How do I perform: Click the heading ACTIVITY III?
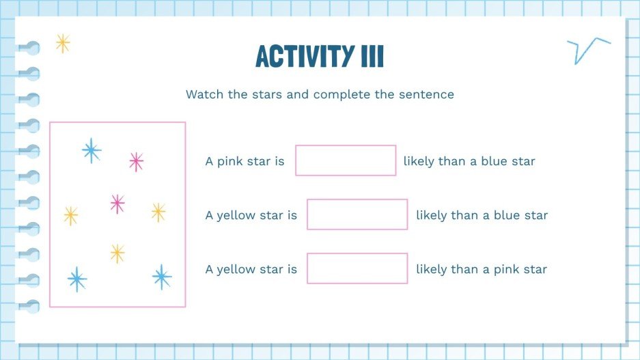[x=320, y=57]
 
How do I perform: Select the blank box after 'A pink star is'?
[x=346, y=161]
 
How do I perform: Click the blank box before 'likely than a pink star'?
[x=357, y=268]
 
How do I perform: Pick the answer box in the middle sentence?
[x=357, y=214]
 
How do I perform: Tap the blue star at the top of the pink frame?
[x=91, y=150]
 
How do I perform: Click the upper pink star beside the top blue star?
[x=136, y=162]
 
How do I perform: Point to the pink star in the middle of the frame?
[x=117, y=204]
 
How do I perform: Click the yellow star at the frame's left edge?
[x=70, y=216]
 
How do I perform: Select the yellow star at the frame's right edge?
[x=158, y=212]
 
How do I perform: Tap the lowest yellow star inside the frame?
[x=117, y=253]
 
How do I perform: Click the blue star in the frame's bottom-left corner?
[x=77, y=279]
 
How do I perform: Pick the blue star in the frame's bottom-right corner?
[x=162, y=277]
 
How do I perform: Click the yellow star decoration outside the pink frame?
[x=63, y=44]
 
